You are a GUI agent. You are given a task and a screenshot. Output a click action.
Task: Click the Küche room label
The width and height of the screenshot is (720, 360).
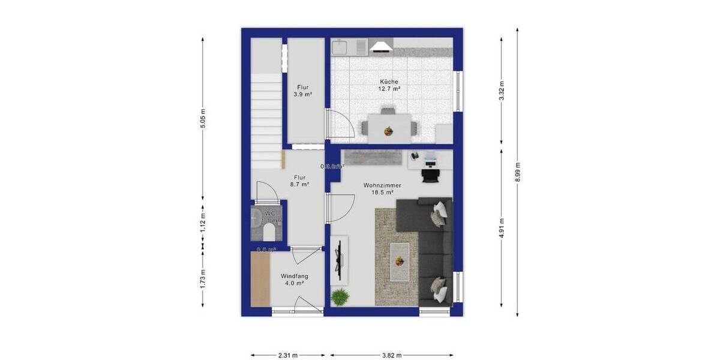pyautogui.click(x=389, y=85)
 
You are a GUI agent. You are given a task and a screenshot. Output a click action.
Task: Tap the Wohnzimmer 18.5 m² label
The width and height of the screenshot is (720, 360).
pyautogui.click(x=382, y=190)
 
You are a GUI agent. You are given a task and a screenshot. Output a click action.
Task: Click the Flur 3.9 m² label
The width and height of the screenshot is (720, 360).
pyautogui.click(x=301, y=91)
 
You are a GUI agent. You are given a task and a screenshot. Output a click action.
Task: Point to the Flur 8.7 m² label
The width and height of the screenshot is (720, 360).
pyautogui.click(x=301, y=181)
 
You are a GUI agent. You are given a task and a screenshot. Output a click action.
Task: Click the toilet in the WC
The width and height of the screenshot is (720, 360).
pyautogui.click(x=270, y=232)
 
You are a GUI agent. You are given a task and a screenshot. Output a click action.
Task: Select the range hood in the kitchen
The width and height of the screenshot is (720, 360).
pyautogui.click(x=380, y=47)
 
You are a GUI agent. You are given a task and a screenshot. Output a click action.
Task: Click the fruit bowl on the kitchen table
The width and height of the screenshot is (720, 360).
pyautogui.click(x=389, y=130)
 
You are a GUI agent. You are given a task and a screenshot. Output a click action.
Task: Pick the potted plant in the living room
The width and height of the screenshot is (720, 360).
pyautogui.click(x=340, y=296)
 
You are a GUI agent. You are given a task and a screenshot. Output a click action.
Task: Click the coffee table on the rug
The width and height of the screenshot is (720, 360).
pyautogui.click(x=400, y=261)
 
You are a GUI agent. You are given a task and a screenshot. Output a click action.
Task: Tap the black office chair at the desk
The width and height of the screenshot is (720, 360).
pyautogui.click(x=430, y=173)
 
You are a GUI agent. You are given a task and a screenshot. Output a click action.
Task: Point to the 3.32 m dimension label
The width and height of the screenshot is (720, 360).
pyautogui.click(x=502, y=91)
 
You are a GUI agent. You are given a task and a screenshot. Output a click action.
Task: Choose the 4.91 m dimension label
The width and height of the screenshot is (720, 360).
pyautogui.click(x=502, y=228)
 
